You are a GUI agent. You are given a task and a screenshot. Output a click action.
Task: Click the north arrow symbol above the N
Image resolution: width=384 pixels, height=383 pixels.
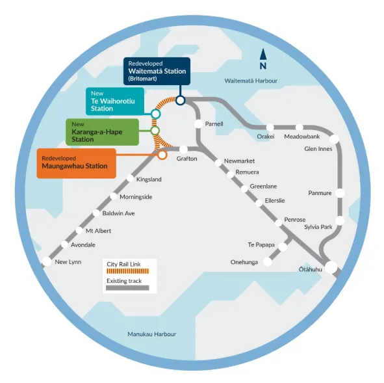(263, 55)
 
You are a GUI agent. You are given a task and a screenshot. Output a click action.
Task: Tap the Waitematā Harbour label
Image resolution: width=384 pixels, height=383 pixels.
(251, 81)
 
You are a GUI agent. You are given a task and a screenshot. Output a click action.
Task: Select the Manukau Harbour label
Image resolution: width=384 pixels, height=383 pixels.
(152, 334)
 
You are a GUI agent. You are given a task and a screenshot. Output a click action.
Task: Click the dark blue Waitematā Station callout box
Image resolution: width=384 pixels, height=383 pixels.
(157, 71)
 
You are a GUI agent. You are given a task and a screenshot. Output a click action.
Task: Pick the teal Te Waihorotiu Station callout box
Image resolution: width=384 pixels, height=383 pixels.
(115, 101)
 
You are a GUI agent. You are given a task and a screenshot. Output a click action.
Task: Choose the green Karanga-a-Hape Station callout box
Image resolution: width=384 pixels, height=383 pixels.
(103, 132)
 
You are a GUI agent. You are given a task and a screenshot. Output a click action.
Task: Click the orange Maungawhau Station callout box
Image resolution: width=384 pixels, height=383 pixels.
(77, 163)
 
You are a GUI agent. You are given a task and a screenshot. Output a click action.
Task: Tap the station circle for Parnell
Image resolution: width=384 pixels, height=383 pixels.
(198, 124)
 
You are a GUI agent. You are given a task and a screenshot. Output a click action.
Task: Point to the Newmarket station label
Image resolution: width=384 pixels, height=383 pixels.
(239, 161)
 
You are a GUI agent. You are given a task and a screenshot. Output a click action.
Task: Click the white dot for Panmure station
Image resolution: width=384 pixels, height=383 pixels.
(340, 193)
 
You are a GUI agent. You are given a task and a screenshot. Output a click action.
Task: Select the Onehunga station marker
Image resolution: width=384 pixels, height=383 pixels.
(268, 262)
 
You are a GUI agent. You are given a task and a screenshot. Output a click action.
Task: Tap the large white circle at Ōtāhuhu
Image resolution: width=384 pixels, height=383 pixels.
(331, 267)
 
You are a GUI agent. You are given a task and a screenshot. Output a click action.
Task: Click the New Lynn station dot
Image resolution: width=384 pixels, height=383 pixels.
(47, 261)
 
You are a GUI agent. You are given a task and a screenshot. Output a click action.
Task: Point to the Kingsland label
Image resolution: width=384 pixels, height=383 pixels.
(149, 179)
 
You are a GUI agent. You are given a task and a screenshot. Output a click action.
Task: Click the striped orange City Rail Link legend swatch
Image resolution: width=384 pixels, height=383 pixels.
(127, 271)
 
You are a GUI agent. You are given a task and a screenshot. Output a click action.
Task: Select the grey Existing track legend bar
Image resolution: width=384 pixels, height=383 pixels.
(127, 287)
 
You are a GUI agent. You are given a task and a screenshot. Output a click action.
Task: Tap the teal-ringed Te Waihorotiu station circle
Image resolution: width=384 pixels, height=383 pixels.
(156, 114)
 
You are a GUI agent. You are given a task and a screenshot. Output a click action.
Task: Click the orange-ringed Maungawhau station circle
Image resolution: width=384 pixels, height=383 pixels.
(162, 155)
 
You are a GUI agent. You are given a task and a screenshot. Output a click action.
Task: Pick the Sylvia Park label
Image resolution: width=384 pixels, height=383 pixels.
(318, 227)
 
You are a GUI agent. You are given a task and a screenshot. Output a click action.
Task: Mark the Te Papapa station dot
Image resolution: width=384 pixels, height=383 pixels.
(283, 246)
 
